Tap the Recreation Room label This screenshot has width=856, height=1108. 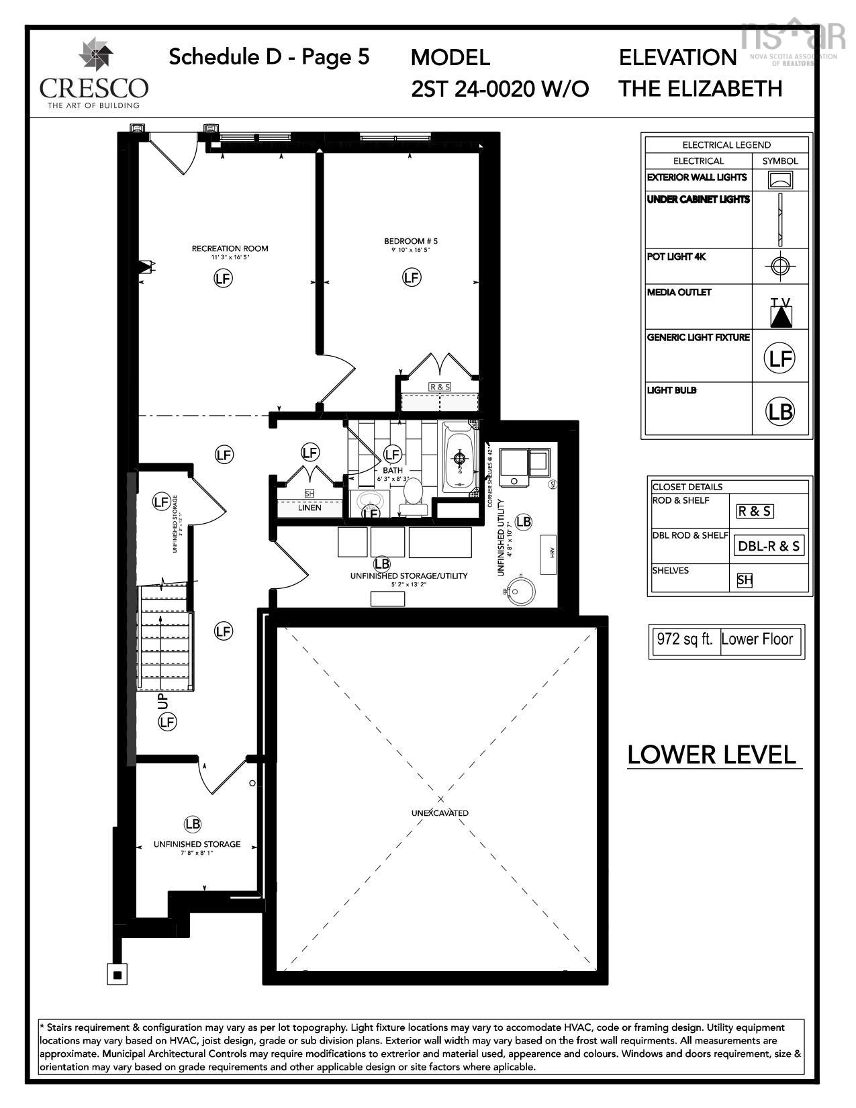[x=230, y=248]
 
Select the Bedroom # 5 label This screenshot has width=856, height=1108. [x=411, y=241]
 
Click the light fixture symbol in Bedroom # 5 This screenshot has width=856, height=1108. [x=412, y=277]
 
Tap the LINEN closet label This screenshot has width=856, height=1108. [x=310, y=508]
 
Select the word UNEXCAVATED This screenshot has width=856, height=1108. [x=440, y=813]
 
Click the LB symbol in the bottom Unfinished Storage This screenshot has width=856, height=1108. [x=192, y=824]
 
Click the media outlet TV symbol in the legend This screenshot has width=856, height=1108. [x=780, y=313]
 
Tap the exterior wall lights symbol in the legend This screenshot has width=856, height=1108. [x=779, y=180]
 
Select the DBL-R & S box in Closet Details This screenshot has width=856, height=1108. [x=769, y=546]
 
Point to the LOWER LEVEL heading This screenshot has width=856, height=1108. [x=712, y=755]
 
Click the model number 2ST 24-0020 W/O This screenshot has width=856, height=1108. [x=500, y=89]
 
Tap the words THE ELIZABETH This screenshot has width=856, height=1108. [x=700, y=89]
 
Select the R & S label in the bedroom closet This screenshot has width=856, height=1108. [x=440, y=387]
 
